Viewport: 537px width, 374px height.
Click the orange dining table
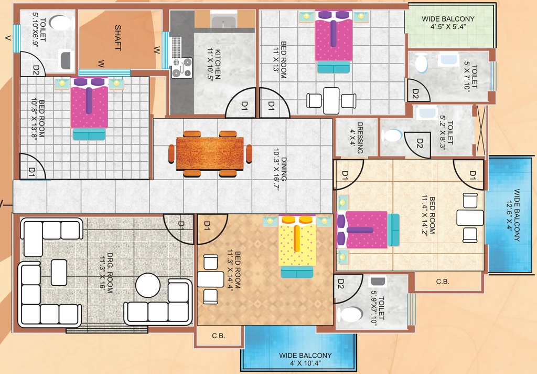(x=210, y=153)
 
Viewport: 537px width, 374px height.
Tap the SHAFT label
(x=118, y=37)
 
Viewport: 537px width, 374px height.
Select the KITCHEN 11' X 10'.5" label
(x=214, y=64)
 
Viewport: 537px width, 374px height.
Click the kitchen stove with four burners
(x=182, y=68)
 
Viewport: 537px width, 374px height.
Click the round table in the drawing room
(x=147, y=285)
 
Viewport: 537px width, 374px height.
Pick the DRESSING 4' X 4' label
(x=357, y=138)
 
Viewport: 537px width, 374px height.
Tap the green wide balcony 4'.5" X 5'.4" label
(x=448, y=23)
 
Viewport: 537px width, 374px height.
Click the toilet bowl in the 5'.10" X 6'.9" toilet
(x=60, y=23)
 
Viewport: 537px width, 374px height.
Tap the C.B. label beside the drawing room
(x=219, y=336)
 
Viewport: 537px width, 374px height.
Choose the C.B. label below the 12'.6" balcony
(x=443, y=282)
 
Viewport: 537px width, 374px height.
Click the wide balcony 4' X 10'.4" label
(x=305, y=359)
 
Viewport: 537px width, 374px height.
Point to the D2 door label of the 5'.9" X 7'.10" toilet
(x=340, y=284)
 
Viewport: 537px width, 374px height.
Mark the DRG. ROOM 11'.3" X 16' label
(x=106, y=273)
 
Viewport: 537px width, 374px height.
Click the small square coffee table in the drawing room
(x=59, y=273)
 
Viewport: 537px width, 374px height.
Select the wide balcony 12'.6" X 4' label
(x=513, y=215)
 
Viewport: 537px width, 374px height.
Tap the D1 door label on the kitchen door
(x=244, y=106)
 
